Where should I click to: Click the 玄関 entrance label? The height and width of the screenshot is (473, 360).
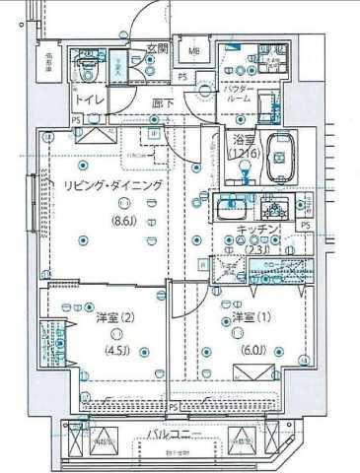pos(159,48)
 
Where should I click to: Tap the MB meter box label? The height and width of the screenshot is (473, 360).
pos(194,53)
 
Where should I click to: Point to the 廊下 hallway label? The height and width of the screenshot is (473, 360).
pos(163,101)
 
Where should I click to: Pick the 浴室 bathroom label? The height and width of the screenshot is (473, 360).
pos(243,140)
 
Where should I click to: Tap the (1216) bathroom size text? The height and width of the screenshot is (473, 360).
pos(244,154)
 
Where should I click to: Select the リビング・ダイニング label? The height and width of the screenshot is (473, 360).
pos(111,186)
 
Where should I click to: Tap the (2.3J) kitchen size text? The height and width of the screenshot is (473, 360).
pos(259,247)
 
